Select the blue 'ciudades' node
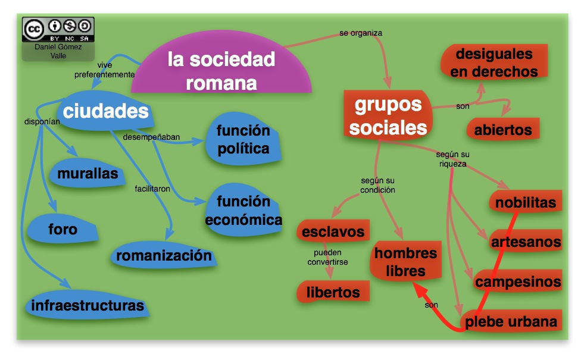point(105,111)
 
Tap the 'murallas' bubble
point(88,173)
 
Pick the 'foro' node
point(63,229)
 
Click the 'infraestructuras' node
point(88,305)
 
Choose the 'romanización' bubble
point(164,255)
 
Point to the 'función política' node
point(243,140)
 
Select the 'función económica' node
point(243,210)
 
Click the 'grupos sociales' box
point(388,115)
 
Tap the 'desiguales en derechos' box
point(494,62)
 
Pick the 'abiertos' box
point(503,130)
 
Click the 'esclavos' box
point(333,231)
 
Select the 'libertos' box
point(333,292)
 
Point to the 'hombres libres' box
point(405,262)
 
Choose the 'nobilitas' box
point(526,202)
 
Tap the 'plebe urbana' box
point(511,321)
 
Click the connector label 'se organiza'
point(361,33)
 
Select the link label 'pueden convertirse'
point(328,257)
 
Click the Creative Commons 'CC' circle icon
point(34,29)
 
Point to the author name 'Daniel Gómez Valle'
point(58,51)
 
